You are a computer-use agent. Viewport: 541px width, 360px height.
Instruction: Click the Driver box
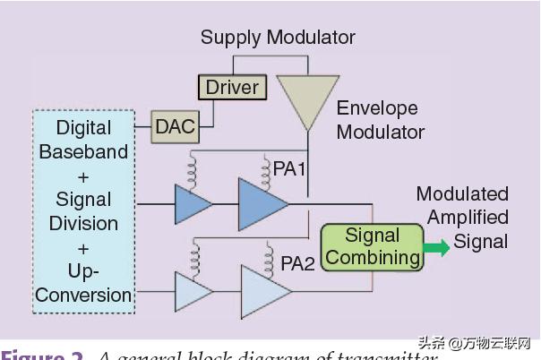click(232, 87)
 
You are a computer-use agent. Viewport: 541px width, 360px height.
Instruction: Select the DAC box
click(175, 126)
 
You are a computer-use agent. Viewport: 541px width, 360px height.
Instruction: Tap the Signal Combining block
click(371, 246)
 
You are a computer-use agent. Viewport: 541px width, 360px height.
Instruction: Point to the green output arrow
click(436, 247)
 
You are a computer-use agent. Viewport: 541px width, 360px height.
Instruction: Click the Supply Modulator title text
click(278, 38)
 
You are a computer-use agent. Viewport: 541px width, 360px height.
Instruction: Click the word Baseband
click(83, 151)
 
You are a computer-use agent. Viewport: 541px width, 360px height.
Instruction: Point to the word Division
click(83, 223)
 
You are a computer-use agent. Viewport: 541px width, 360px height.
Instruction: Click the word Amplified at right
click(468, 218)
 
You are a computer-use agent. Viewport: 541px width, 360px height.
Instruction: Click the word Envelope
click(377, 109)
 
